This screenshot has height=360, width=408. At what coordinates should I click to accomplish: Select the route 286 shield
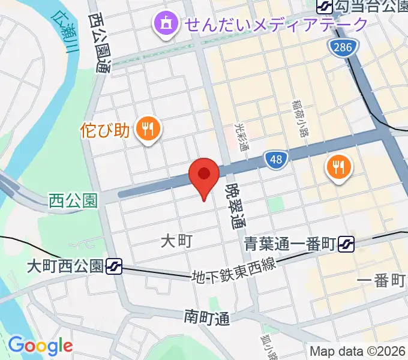[343, 48]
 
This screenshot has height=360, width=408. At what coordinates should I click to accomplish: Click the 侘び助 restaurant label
[105, 130]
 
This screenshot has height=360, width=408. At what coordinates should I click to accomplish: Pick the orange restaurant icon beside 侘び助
[147, 128]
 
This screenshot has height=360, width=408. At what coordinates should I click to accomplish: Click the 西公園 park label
[73, 200]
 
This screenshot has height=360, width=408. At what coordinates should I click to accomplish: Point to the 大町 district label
[176, 241]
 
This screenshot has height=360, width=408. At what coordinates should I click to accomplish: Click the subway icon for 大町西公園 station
[114, 266]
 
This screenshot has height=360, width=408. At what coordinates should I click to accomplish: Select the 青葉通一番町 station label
[290, 244]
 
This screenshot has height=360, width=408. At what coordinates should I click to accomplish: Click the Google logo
[40, 345]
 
